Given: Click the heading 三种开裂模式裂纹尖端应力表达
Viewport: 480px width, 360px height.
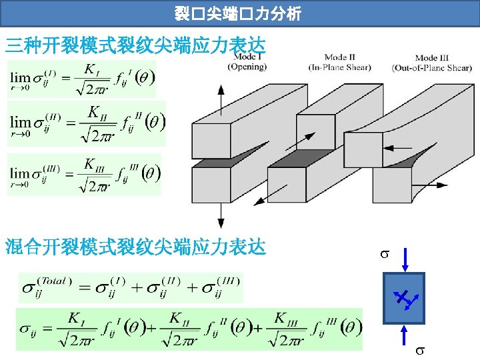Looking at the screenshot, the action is click(x=135, y=45).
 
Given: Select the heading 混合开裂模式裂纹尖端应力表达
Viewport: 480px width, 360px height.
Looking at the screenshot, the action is click(x=135, y=247).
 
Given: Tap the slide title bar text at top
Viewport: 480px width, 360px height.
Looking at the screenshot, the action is click(x=239, y=11).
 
